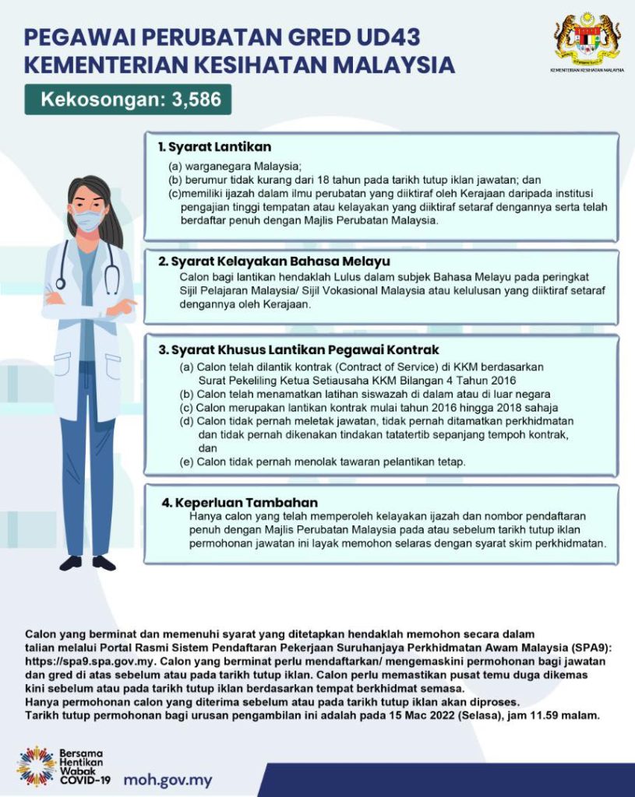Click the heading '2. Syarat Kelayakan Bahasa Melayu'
[x=273, y=262]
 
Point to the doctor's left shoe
[x=104, y=562]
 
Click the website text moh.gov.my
[x=168, y=779]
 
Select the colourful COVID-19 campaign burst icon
[x=36, y=766]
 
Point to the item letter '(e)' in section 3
[x=186, y=462]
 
